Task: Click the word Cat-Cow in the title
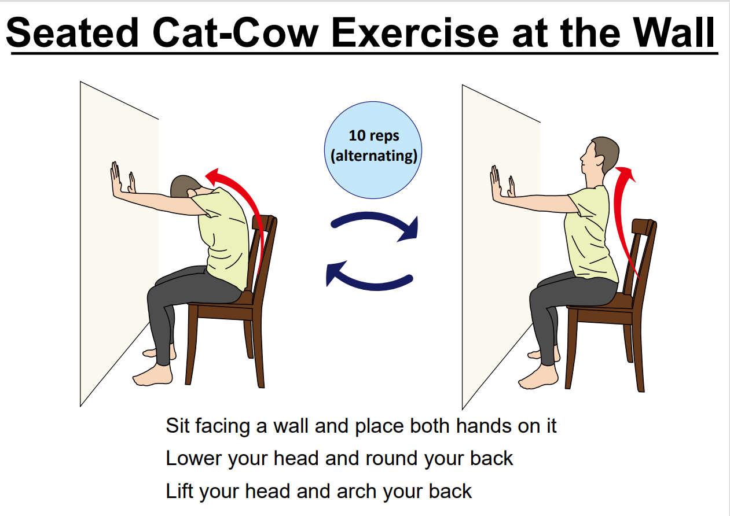(x=235, y=32)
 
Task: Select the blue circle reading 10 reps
(x=373, y=150)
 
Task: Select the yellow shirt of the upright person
(x=590, y=234)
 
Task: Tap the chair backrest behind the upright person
(x=640, y=257)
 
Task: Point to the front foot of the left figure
(x=152, y=375)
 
